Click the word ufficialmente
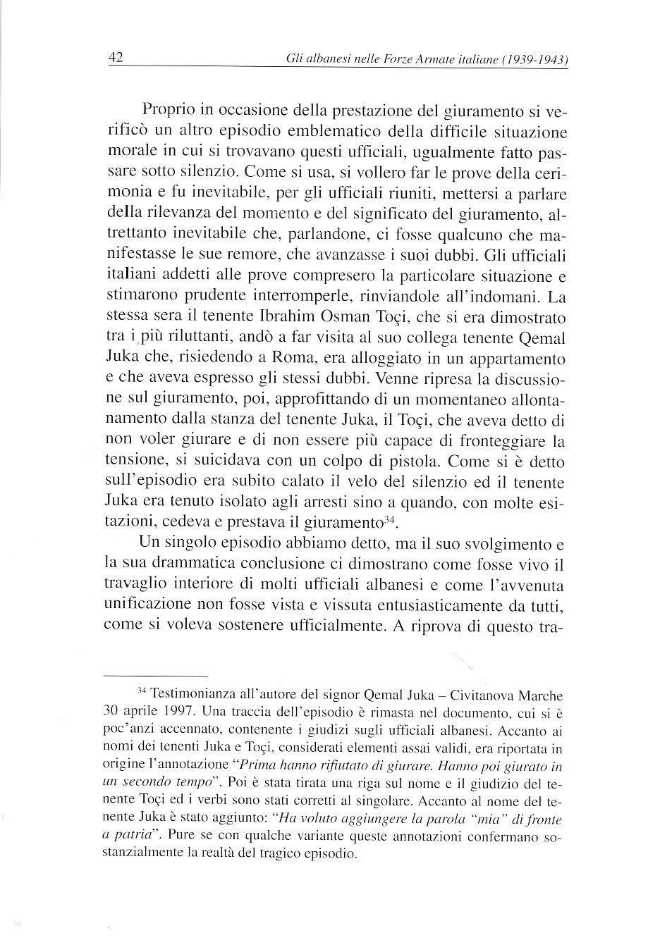click(330, 626)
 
